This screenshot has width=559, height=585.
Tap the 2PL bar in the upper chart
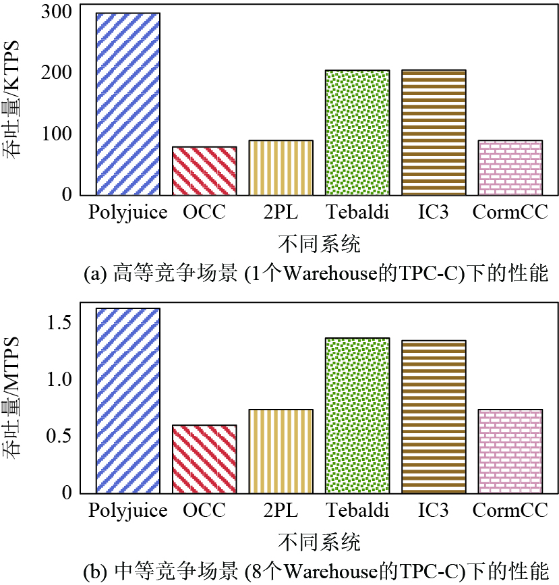pyautogui.click(x=281, y=167)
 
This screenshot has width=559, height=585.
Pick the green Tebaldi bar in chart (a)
pyautogui.click(x=357, y=132)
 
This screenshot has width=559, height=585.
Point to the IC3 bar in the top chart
pyautogui.click(x=434, y=132)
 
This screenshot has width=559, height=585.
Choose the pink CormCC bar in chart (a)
pyautogui.click(x=510, y=167)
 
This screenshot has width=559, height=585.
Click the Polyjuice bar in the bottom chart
pyautogui.click(x=128, y=400)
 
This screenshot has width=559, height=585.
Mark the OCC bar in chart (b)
pyautogui.click(x=204, y=458)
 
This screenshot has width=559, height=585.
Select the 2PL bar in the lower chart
pyautogui.click(x=281, y=451)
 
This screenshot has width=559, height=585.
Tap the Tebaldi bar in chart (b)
pyautogui.click(x=357, y=415)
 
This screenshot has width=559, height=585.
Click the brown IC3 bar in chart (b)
pyautogui.click(x=434, y=416)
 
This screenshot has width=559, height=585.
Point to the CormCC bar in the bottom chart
pyautogui.click(x=510, y=451)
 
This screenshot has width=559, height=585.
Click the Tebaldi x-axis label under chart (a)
pyautogui.click(x=357, y=213)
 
